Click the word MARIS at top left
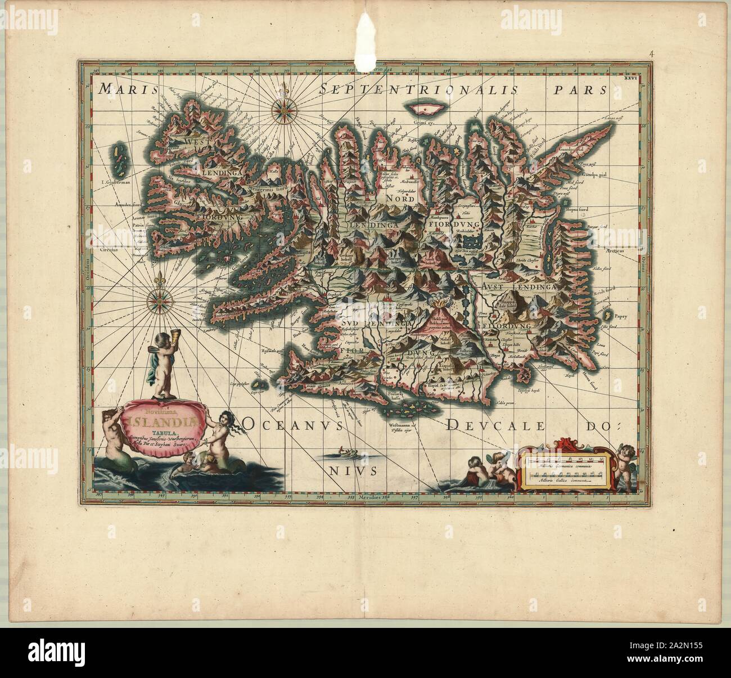tap(123, 89)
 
